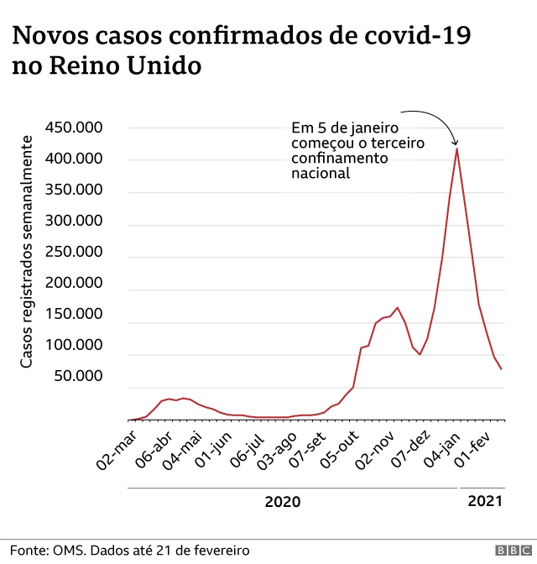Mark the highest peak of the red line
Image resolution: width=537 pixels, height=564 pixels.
[x=456, y=149]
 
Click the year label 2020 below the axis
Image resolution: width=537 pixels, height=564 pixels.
[x=282, y=502]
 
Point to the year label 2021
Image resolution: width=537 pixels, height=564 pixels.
[x=485, y=502]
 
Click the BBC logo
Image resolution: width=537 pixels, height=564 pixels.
[x=508, y=551]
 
